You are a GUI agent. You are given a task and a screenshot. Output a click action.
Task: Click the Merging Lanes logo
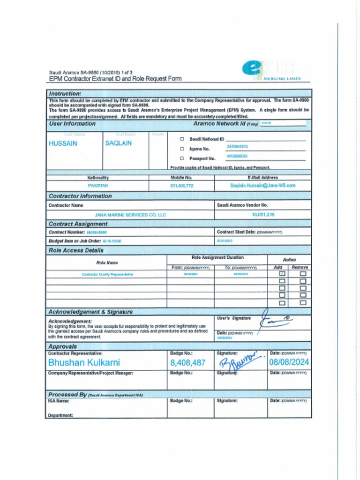point(270,71)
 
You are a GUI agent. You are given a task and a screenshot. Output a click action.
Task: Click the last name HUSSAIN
point(63,144)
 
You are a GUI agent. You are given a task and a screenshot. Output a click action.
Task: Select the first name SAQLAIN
point(118,143)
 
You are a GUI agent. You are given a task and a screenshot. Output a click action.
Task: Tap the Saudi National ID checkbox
point(182,139)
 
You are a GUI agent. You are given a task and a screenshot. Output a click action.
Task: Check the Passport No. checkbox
point(182,158)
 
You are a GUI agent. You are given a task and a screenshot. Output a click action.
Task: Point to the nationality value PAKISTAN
point(98,186)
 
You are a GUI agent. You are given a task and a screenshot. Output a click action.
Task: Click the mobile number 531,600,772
point(182,186)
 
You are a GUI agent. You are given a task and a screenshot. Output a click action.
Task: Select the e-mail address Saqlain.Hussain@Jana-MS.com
point(262,186)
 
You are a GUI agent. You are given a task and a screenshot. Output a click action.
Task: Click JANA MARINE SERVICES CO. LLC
point(130,215)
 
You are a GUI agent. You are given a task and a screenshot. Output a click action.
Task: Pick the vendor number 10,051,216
point(263,214)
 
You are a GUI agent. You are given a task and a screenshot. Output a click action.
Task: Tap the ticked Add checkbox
point(282,273)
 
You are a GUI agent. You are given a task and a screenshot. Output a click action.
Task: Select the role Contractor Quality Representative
point(107,274)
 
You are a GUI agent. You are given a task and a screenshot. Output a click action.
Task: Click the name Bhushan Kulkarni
point(84,362)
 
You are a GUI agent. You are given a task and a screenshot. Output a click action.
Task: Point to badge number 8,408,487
point(188,362)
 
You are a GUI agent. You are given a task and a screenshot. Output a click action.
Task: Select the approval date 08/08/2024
point(289,362)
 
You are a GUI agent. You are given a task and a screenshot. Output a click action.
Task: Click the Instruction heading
point(65,94)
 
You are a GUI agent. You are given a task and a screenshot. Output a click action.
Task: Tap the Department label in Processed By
point(60,415)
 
